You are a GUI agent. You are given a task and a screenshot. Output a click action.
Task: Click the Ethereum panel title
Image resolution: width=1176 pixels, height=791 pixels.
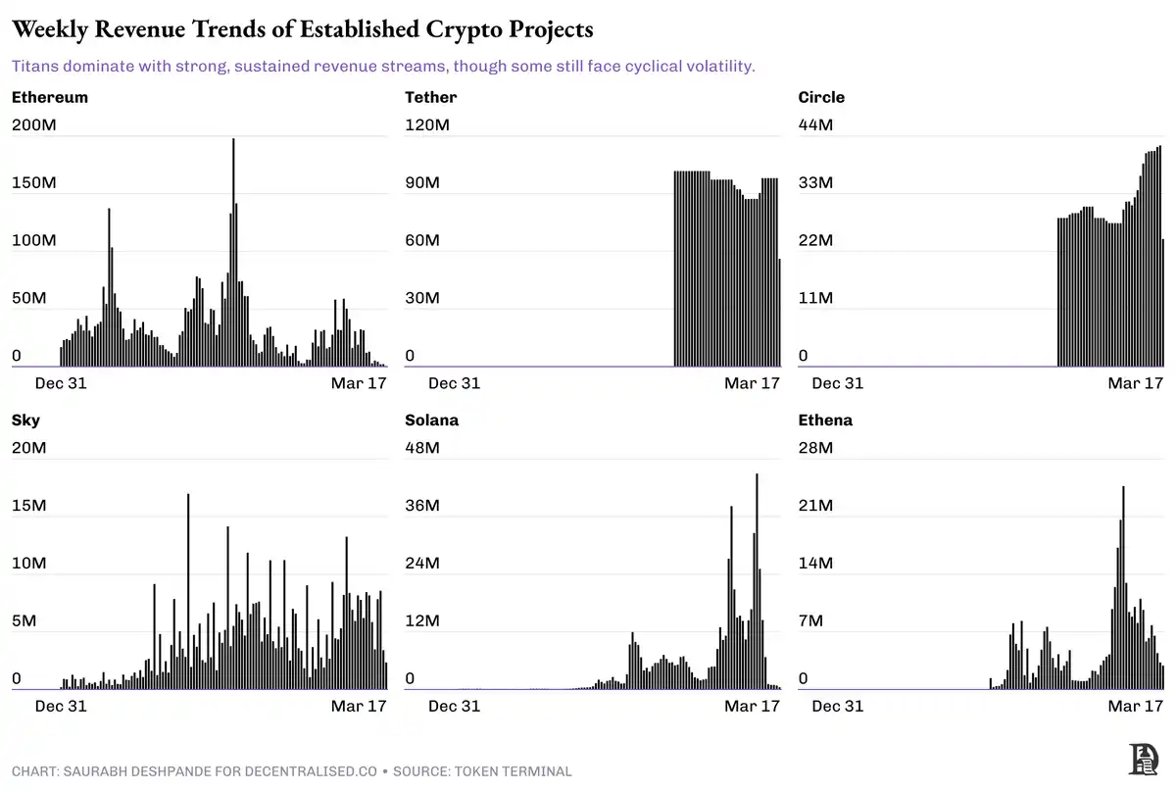pos(50,97)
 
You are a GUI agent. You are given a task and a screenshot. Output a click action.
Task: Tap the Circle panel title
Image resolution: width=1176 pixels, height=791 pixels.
pos(821,97)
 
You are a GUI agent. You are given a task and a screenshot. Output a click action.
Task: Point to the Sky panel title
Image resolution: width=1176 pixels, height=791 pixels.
pos(25,420)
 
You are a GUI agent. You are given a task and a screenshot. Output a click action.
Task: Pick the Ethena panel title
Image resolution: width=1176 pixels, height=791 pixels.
pos(825,420)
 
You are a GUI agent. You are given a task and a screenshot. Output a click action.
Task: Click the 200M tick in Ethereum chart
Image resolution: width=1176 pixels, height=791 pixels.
pos(34,125)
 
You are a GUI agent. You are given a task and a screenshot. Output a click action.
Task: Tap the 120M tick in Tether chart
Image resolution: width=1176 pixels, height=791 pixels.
pos(427,125)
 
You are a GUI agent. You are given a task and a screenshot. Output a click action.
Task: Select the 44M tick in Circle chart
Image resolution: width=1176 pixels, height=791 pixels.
pos(815,125)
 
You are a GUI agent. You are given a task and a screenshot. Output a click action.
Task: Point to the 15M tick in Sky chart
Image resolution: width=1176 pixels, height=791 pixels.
pos(29,506)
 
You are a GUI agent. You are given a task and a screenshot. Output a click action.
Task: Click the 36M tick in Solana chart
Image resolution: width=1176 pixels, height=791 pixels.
pos(423,506)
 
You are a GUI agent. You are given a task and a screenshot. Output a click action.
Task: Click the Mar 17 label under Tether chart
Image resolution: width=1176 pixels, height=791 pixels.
pos(752,383)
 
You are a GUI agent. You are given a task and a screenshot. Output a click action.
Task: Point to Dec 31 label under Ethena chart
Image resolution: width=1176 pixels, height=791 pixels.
pos(838,706)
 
